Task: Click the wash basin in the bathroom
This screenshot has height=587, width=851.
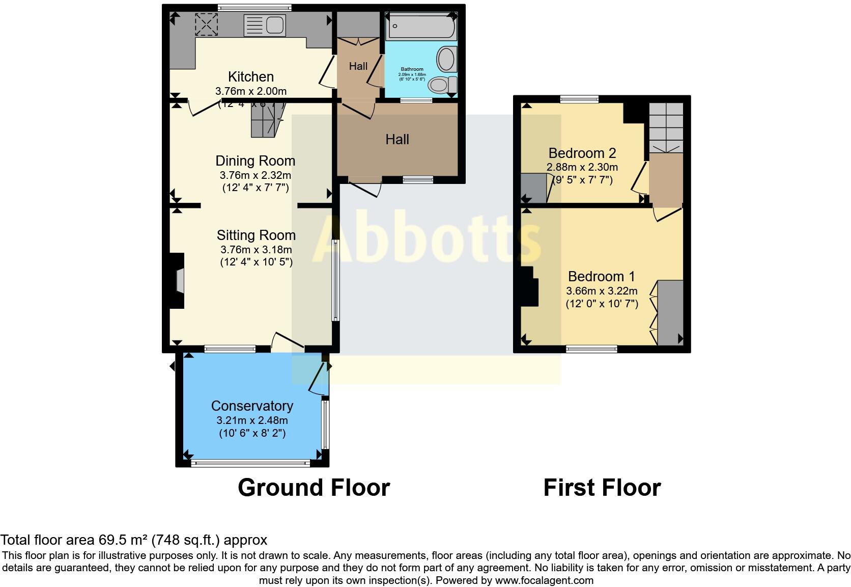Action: pyautogui.click(x=447, y=59)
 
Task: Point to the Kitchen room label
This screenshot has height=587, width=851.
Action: pyautogui.click(x=251, y=77)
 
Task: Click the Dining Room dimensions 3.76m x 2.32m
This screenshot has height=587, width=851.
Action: pyautogui.click(x=256, y=175)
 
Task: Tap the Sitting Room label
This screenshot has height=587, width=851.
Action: pyautogui.click(x=256, y=235)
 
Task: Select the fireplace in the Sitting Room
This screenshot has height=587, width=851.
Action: pyautogui.click(x=177, y=281)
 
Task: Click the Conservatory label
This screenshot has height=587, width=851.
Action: pyautogui.click(x=252, y=406)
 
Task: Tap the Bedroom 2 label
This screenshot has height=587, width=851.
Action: pyautogui.click(x=582, y=153)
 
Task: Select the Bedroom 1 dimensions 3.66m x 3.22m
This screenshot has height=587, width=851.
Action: pyautogui.click(x=602, y=291)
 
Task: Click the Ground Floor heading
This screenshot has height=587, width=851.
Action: pyautogui.click(x=314, y=488)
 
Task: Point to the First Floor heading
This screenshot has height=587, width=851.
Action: pyautogui.click(x=602, y=488)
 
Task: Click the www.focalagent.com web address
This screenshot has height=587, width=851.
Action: pyautogui.click(x=544, y=580)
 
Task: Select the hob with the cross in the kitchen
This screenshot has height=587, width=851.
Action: pyautogui.click(x=206, y=24)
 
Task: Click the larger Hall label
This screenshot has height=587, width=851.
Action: pyautogui.click(x=397, y=140)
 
